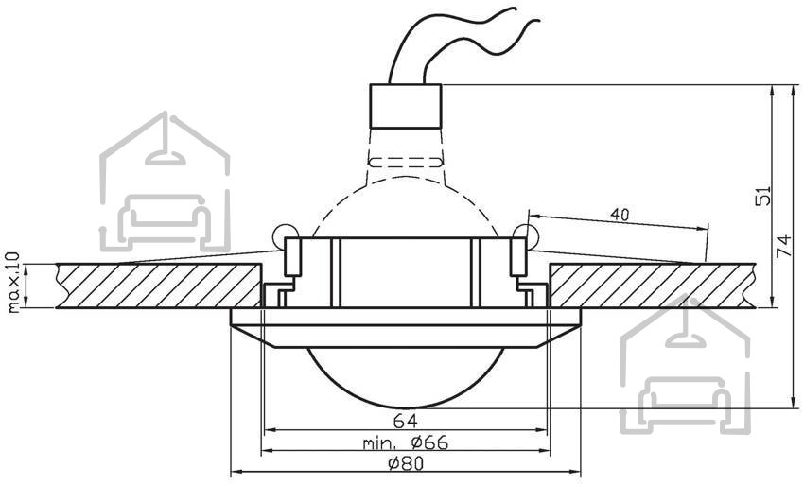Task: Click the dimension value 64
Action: click(406, 421)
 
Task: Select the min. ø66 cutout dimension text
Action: click(406, 442)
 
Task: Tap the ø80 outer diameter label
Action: click(406, 463)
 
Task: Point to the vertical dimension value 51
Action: click(763, 196)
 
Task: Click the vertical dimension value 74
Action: click(784, 246)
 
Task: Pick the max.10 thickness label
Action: click(14, 282)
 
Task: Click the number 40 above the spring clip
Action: click(620, 215)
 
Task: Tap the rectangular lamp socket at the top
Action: click(406, 106)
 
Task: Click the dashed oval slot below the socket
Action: click(406, 162)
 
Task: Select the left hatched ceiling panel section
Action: click(159, 286)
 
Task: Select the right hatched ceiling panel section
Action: click(653, 286)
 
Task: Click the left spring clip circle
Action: click(284, 235)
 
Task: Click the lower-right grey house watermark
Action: click(685, 366)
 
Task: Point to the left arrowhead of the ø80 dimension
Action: click(236, 471)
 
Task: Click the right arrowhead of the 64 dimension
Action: click(543, 429)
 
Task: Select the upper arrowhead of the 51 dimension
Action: click(772, 91)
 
